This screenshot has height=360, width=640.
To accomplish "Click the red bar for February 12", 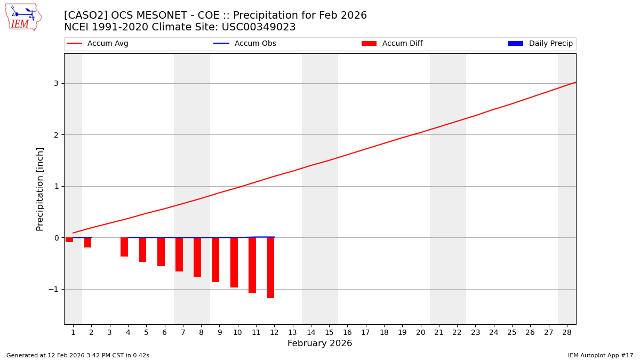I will coord(270,268).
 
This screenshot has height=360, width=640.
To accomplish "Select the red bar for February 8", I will coord(197,257).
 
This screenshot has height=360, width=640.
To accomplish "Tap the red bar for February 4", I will coord(124,247).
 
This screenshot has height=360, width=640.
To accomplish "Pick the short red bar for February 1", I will coord(69,240).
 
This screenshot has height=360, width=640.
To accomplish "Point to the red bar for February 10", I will coord(234,262).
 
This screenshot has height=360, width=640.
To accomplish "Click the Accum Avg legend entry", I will coord(98,44).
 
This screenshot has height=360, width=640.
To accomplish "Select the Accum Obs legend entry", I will coord(245,44).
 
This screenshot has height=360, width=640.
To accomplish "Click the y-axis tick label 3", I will coord(55,83).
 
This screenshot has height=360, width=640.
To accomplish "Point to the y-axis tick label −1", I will coord(53,289).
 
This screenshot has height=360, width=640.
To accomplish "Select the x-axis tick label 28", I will coord(567,332).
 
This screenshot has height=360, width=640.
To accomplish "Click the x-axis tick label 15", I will coord(329,332).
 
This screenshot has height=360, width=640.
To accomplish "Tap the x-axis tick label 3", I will coord(110,332).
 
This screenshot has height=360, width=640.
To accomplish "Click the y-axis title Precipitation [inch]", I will coord(40,189).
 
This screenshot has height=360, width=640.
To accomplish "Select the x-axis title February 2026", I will coord(319,343).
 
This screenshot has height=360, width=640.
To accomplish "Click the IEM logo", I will coord(23,17).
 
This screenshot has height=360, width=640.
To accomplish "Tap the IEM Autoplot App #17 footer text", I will coord(600,355).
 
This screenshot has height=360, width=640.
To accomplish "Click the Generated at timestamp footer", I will coord(78,355).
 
